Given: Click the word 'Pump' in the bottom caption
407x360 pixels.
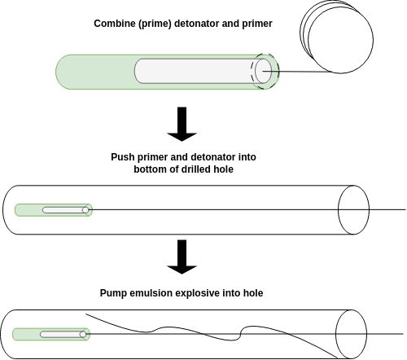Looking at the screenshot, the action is (113, 293).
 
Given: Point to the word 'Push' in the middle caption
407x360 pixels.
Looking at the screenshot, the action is (123, 157).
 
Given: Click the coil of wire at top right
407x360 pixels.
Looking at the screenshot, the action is (336, 37).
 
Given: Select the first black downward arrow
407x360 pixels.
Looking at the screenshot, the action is (182, 124).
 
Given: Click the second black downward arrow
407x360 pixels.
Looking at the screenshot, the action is (182, 257).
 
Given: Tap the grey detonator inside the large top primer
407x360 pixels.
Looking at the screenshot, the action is (203, 71).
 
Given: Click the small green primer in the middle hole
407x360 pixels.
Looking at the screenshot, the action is (54, 210).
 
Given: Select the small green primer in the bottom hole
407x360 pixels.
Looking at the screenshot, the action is (51, 334).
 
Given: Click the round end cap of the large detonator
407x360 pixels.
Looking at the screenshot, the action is (263, 71).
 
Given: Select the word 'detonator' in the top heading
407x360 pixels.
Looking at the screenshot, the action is (197, 24).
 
